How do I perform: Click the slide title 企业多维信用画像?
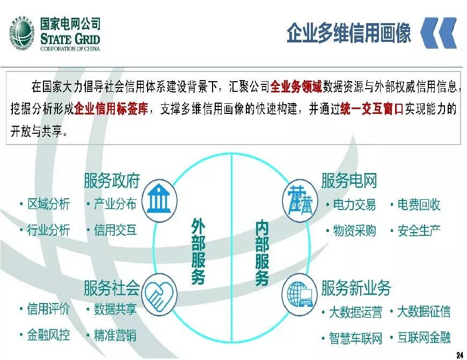(349, 33)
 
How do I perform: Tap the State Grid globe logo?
(23, 33)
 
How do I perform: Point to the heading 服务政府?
(112, 181)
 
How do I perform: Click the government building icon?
(161, 200)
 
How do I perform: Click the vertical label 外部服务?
(198, 251)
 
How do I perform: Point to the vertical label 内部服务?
(262, 251)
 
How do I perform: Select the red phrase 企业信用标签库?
(111, 109)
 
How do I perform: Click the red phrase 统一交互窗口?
(371, 109)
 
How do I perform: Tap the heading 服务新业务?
(356, 289)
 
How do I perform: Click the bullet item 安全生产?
(419, 231)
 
